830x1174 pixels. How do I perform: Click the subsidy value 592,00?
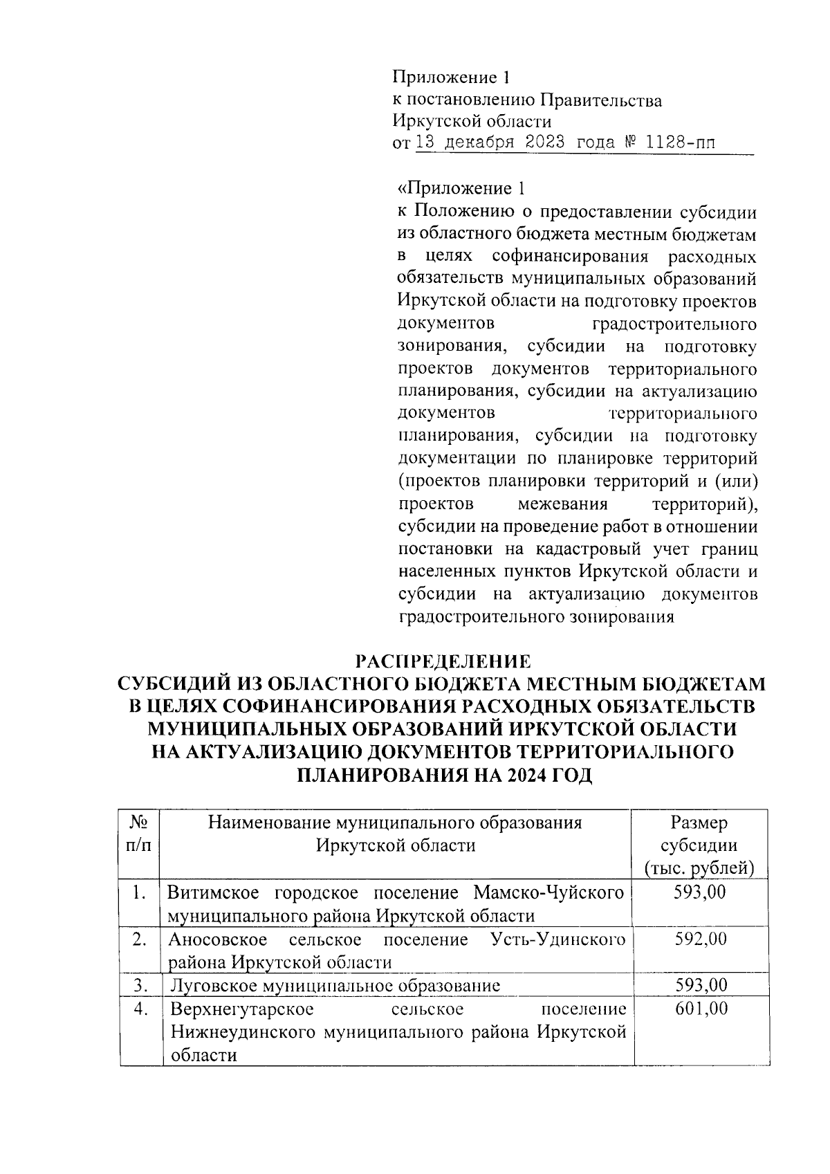point(701,939)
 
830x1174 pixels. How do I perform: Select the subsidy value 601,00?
point(701,1008)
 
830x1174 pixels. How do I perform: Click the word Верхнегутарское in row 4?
point(242,1008)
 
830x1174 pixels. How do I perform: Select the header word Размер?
point(699,823)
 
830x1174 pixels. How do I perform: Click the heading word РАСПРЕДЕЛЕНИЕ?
point(443,660)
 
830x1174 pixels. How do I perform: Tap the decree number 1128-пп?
point(681,143)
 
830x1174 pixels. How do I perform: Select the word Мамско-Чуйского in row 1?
point(549,892)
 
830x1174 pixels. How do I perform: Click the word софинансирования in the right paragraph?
point(570,257)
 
